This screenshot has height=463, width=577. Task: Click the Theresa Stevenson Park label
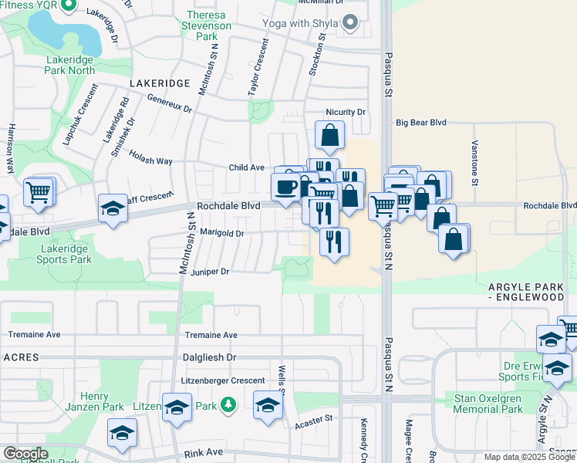tap(208, 25)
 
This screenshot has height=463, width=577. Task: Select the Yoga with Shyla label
tap(304, 22)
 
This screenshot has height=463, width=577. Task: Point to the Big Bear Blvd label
tap(421, 122)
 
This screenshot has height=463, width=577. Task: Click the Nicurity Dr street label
tap(346, 112)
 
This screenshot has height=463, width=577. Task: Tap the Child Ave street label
tap(247, 167)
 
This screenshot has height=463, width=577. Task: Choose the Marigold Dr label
tap(222, 232)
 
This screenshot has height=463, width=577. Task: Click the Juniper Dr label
tap(210, 272)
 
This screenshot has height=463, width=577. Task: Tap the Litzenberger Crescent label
tap(224, 380)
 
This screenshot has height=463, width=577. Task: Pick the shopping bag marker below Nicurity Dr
tap(329, 135)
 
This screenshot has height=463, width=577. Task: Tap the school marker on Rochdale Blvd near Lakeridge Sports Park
tap(113, 208)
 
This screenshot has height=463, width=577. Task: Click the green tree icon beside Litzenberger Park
tap(228, 404)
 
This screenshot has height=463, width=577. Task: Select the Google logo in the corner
tap(25, 454)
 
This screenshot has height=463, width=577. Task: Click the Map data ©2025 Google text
tap(529, 457)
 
